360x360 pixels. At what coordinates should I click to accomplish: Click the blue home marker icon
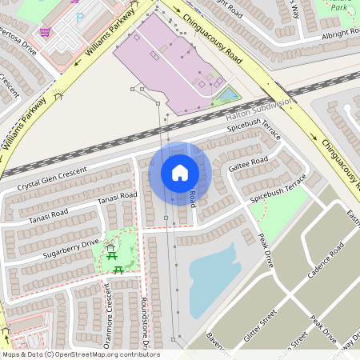coord(180,172)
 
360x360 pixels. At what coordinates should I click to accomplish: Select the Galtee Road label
coord(248,163)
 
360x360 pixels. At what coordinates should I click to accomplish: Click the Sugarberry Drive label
coord(72,248)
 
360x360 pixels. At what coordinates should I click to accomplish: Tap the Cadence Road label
coord(325,261)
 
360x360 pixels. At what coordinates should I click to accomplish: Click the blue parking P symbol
coord(79,17)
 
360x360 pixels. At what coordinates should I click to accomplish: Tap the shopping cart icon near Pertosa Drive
coord(46,32)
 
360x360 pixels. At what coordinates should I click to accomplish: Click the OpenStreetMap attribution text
coord(80,354)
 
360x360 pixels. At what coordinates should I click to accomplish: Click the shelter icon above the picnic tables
coord(110,248)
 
